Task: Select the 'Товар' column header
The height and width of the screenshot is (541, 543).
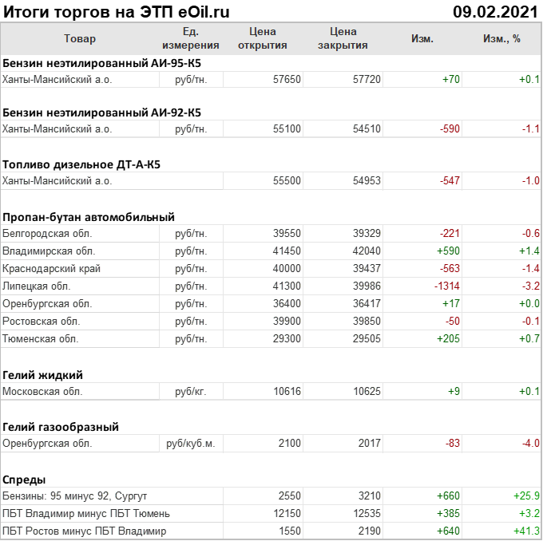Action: [79, 39]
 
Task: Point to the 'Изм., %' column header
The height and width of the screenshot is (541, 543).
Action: [501, 39]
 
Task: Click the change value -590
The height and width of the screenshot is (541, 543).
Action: [446, 128]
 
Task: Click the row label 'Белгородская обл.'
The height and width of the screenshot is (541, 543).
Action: [47, 234]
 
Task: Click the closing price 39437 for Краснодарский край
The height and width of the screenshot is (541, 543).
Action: [367, 269]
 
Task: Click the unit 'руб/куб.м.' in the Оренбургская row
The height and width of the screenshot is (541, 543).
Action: [190, 444]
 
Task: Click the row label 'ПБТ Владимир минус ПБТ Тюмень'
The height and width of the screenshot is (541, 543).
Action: [86, 514]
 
